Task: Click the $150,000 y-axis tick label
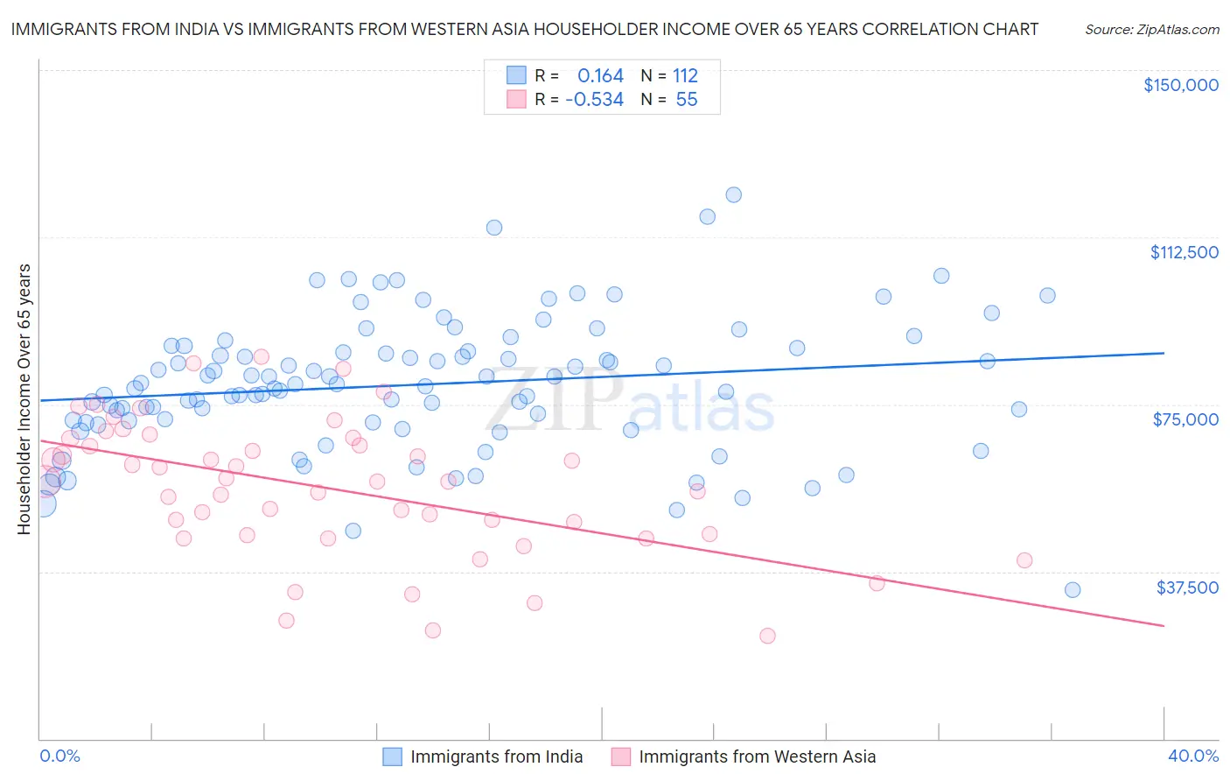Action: click(x=1180, y=85)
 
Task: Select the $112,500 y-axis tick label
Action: click(x=1184, y=252)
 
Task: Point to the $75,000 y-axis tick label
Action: click(x=1185, y=419)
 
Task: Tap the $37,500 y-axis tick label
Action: click(x=1186, y=588)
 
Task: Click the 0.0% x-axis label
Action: click(x=59, y=756)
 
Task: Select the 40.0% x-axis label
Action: click(x=1192, y=756)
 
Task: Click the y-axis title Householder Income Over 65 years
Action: click(x=24, y=399)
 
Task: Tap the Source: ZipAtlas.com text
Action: click(x=1151, y=29)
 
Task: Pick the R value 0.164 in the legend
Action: click(x=600, y=75)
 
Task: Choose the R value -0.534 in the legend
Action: click(x=595, y=100)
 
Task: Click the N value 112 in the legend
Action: click(x=685, y=75)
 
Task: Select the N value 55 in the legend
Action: click(x=687, y=100)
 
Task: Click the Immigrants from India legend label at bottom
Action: click(x=496, y=756)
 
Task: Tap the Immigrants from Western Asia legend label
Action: click(x=757, y=756)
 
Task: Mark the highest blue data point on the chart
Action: click(x=734, y=194)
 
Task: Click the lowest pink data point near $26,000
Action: click(x=767, y=636)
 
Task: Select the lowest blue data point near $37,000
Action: click(x=1073, y=590)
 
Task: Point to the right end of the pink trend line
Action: click(x=1164, y=625)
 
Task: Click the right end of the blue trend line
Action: click(x=1164, y=353)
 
